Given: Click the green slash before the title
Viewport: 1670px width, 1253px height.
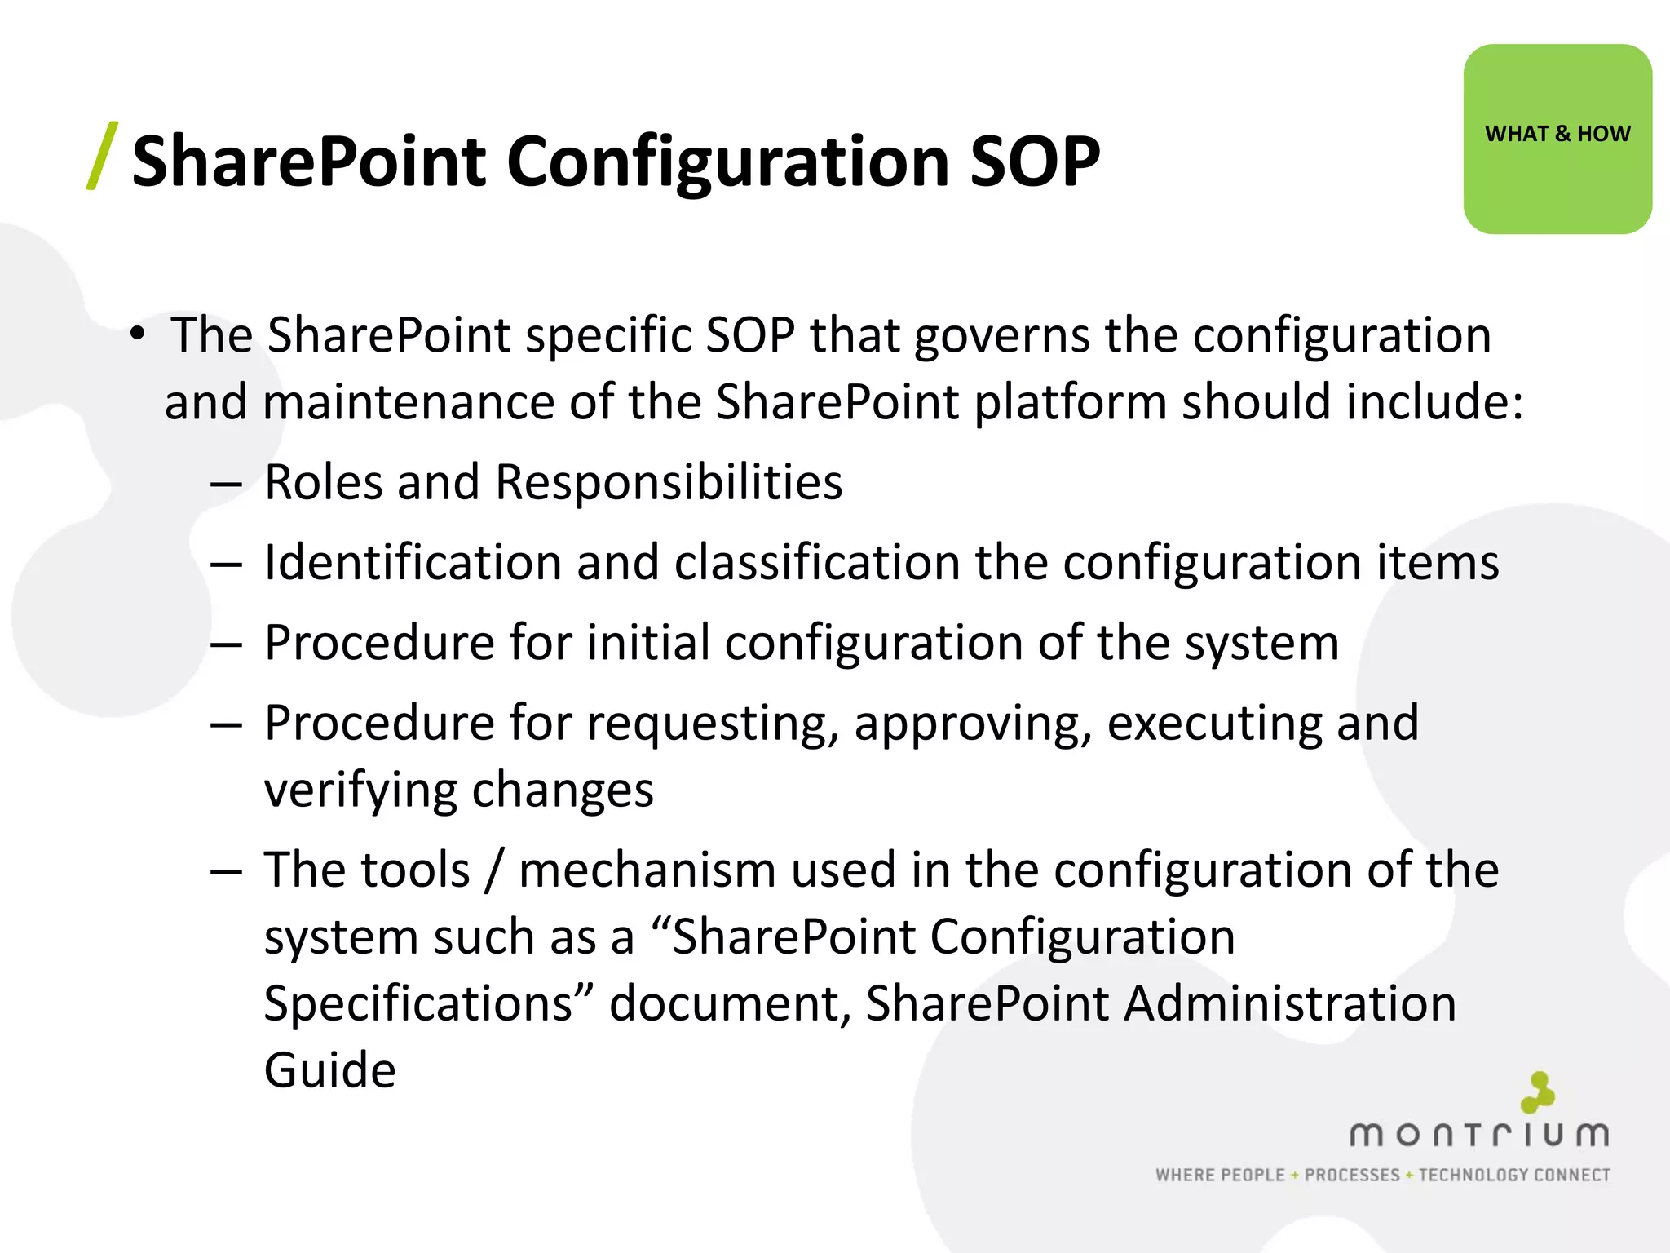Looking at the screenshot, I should (103, 157).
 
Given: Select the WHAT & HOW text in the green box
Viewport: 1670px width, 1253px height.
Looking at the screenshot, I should (1557, 134).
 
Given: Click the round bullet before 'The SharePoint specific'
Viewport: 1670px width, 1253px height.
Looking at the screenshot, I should (138, 334).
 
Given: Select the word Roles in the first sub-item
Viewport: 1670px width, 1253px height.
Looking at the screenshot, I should (323, 482).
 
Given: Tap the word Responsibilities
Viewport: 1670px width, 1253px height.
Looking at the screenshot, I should (669, 482).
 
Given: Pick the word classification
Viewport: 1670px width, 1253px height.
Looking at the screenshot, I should (818, 563).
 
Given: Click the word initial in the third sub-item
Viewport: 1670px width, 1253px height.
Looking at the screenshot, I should (648, 643).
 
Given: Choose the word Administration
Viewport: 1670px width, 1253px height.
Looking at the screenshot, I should (1289, 1003).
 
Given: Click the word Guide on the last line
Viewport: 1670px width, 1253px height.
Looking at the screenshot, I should (329, 1070).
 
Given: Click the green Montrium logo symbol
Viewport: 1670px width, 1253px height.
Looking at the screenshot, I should (1537, 1093).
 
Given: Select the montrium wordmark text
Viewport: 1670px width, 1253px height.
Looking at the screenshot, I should (1479, 1136).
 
